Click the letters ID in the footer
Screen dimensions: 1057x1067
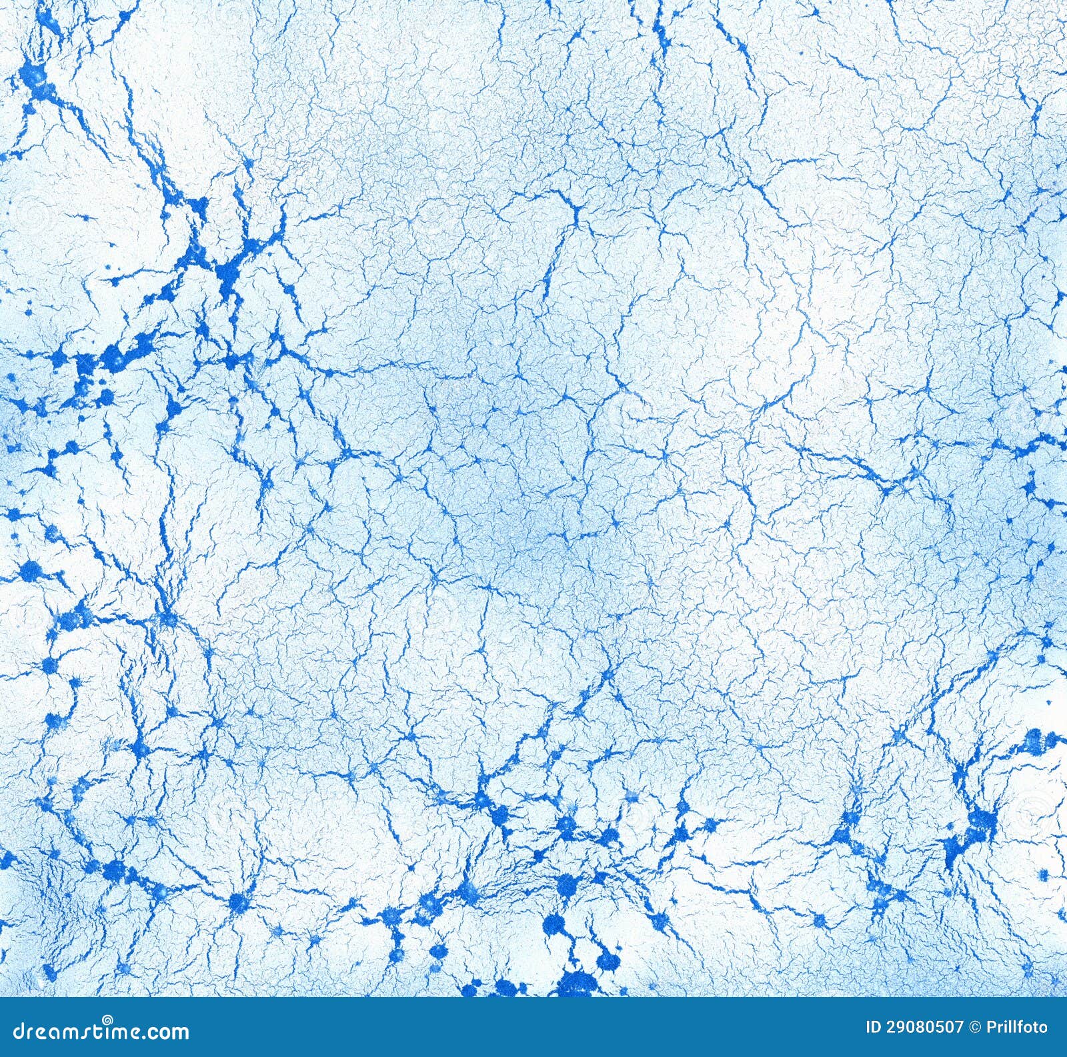(854, 1028)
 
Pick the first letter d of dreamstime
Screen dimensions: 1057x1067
(9, 1031)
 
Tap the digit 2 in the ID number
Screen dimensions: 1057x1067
(872, 1028)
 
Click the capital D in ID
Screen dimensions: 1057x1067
(857, 1028)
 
